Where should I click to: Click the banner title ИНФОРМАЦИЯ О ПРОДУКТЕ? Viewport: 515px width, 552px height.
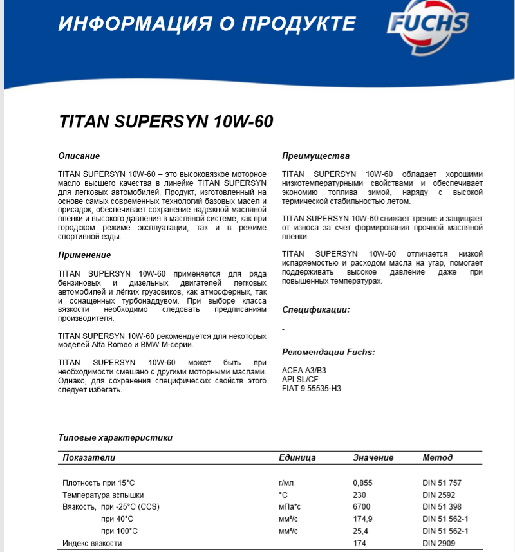point(207,24)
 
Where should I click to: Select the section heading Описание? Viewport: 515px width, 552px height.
point(79,156)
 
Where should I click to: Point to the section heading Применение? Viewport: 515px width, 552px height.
point(83,255)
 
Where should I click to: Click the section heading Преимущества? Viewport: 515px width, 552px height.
point(315,156)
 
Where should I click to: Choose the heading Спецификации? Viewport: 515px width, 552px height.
point(316,309)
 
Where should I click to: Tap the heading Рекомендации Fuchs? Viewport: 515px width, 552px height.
point(328,352)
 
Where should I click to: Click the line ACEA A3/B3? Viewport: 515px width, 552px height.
point(304,371)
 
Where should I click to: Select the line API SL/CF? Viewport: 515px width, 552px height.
point(301,380)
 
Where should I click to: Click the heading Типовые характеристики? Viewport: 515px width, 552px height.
point(115,437)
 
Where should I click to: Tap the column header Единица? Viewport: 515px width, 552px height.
point(297,457)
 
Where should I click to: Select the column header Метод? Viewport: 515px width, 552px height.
point(437,457)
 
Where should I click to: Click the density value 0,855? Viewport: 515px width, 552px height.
point(362,483)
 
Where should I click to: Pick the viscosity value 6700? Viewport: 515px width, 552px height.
point(361,507)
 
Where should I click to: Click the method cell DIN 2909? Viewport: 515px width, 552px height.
point(438,543)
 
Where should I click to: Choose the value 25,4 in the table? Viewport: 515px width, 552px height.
point(360,531)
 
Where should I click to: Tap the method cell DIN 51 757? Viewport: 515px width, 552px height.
point(442,483)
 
